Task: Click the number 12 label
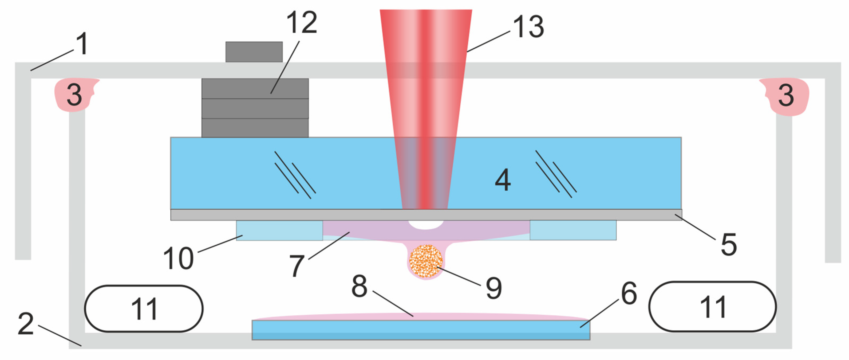click(x=301, y=22)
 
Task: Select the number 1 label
click(x=82, y=44)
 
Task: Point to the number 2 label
click(x=26, y=324)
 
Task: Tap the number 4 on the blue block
click(x=503, y=180)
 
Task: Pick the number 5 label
click(x=729, y=245)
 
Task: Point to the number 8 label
click(x=359, y=286)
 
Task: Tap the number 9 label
click(x=494, y=288)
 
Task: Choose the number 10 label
click(x=178, y=259)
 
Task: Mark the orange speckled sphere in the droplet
click(x=426, y=261)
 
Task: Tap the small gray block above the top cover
click(x=254, y=52)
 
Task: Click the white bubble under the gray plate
click(x=426, y=225)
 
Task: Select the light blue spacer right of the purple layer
click(x=573, y=230)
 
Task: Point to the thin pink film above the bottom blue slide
click(x=418, y=317)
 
